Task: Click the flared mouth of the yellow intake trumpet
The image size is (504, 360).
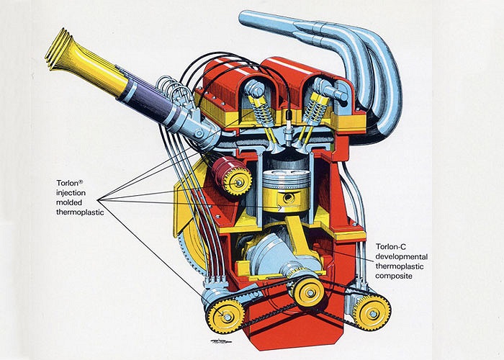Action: tap(57, 49)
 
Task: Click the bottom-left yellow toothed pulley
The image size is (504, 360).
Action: tap(225, 315)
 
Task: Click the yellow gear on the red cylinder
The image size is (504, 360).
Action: tap(235, 181)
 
